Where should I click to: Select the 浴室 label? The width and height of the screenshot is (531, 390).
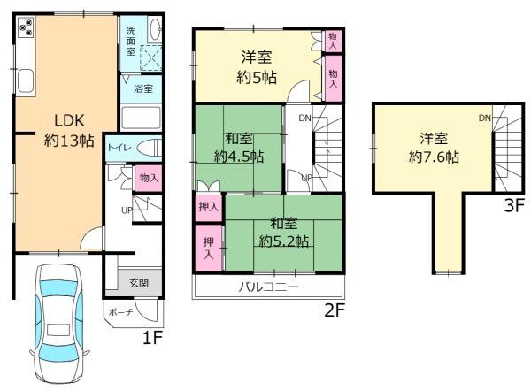[x=142, y=89]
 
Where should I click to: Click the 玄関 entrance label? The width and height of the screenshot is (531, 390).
[x=140, y=282]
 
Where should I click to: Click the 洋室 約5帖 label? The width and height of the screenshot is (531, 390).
[x=258, y=66]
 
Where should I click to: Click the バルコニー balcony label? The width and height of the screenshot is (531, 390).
[x=267, y=287]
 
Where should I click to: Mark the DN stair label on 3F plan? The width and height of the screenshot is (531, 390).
[x=485, y=119]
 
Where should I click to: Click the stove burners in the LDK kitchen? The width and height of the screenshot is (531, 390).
[x=25, y=27]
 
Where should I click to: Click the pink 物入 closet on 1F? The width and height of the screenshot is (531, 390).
[x=149, y=178]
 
